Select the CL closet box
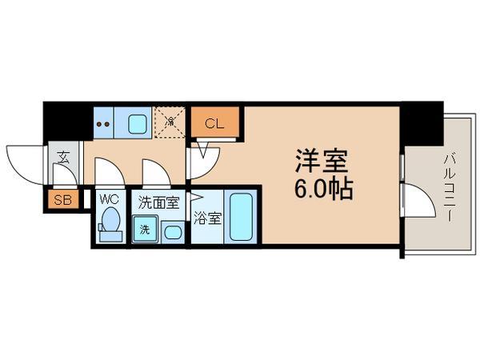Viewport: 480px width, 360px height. point(214,123)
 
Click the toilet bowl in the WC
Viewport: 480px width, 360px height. point(110,222)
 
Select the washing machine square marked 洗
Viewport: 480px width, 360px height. point(145,230)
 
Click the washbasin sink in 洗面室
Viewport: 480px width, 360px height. point(172,232)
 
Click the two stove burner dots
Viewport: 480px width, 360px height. point(102,123)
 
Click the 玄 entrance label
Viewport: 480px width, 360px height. point(62,157)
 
